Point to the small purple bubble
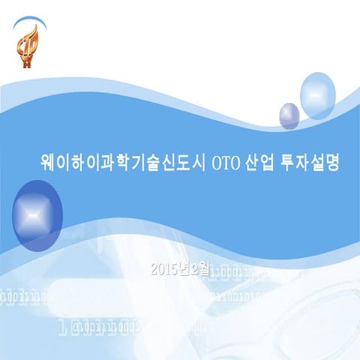tap(289, 115)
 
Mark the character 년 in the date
tap(187, 268)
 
